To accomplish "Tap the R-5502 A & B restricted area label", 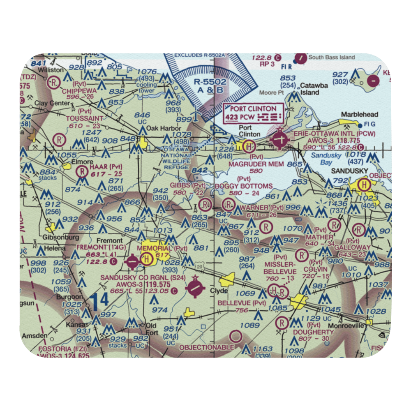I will click(x=210, y=86).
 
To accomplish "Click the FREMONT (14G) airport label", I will click(x=97, y=248).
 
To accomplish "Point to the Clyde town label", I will click(x=219, y=291).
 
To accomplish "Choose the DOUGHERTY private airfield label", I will click(x=313, y=332).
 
